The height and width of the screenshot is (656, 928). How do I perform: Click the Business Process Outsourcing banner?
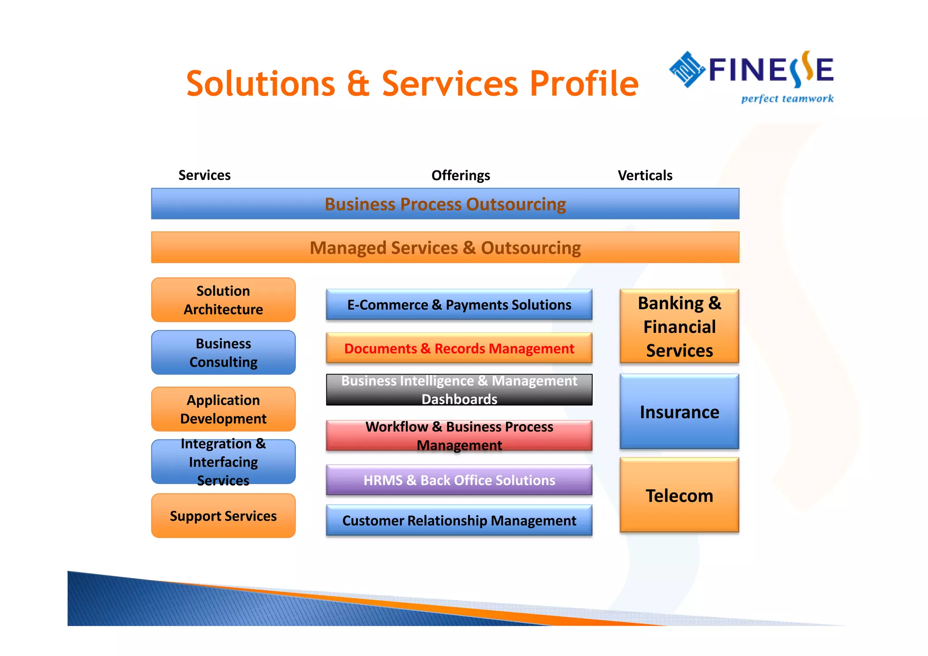click(x=445, y=204)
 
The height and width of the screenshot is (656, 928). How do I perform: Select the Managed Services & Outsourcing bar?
click(x=445, y=247)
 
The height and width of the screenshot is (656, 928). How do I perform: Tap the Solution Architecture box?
click(x=223, y=300)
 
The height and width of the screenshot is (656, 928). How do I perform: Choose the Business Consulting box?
click(x=223, y=352)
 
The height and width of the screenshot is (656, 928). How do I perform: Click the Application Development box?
click(x=223, y=409)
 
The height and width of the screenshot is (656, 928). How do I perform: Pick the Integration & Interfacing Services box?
click(x=223, y=462)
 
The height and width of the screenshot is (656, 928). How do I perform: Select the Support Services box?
click(x=223, y=516)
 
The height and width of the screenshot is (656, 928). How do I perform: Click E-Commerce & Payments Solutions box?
click(x=459, y=304)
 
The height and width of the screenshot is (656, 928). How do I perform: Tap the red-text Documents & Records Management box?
click(x=459, y=348)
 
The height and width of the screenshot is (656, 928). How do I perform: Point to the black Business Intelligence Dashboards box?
click(x=459, y=390)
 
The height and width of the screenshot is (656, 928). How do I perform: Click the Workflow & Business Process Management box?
click(x=459, y=435)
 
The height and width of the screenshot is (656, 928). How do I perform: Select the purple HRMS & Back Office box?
click(x=459, y=480)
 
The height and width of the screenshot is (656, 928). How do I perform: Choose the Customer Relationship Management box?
click(x=459, y=520)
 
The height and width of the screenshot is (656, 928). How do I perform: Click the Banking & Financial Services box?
click(x=679, y=326)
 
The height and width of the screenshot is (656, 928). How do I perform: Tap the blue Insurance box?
click(x=679, y=411)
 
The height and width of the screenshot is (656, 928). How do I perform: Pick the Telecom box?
click(x=679, y=495)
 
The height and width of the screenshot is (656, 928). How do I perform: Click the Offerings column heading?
click(x=460, y=175)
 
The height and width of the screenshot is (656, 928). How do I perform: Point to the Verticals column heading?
click(x=645, y=175)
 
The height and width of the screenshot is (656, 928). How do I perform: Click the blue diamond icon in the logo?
click(x=687, y=69)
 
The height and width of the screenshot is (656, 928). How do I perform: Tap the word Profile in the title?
click(x=584, y=84)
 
